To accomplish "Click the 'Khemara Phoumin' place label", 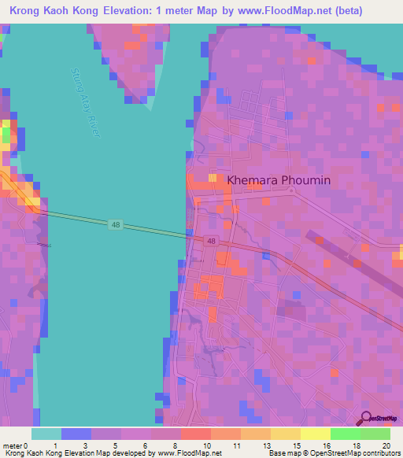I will pyautogui.click(x=279, y=180).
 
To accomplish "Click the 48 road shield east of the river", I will pyautogui.click(x=211, y=242).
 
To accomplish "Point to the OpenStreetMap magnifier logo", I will pyautogui.click(x=366, y=418).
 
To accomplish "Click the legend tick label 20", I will pyautogui.click(x=385, y=445).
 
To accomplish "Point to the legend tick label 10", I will pyautogui.click(x=205, y=445).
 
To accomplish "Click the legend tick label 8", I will pyautogui.click(x=176, y=445).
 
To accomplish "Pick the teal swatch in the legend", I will pyautogui.click(x=46, y=434).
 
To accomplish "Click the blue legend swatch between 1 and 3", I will pyautogui.click(x=76, y=434).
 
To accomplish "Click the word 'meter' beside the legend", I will pyautogui.click(x=13, y=445).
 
